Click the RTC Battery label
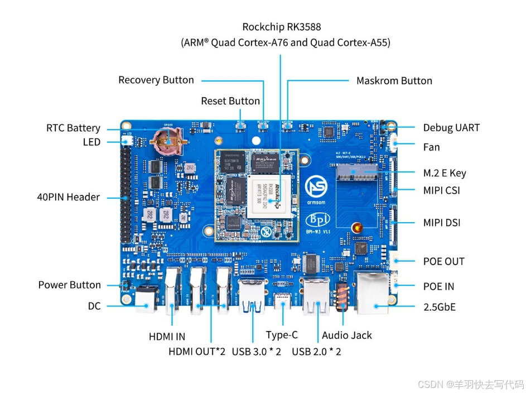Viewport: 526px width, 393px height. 73,128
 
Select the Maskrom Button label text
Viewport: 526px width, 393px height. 394,80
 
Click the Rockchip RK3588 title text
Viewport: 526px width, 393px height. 282,26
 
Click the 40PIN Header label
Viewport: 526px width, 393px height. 68,196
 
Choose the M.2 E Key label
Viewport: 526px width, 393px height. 445,172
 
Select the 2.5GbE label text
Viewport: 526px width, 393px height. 440,306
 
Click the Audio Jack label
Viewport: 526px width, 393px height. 347,335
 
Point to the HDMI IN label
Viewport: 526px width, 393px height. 167,337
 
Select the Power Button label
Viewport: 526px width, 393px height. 70,285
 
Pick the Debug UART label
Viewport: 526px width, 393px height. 451,127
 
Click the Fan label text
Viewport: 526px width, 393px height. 431,147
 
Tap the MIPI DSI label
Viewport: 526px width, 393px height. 442,223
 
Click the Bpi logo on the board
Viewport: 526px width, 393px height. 318,219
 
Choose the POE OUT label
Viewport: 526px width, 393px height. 443,261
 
